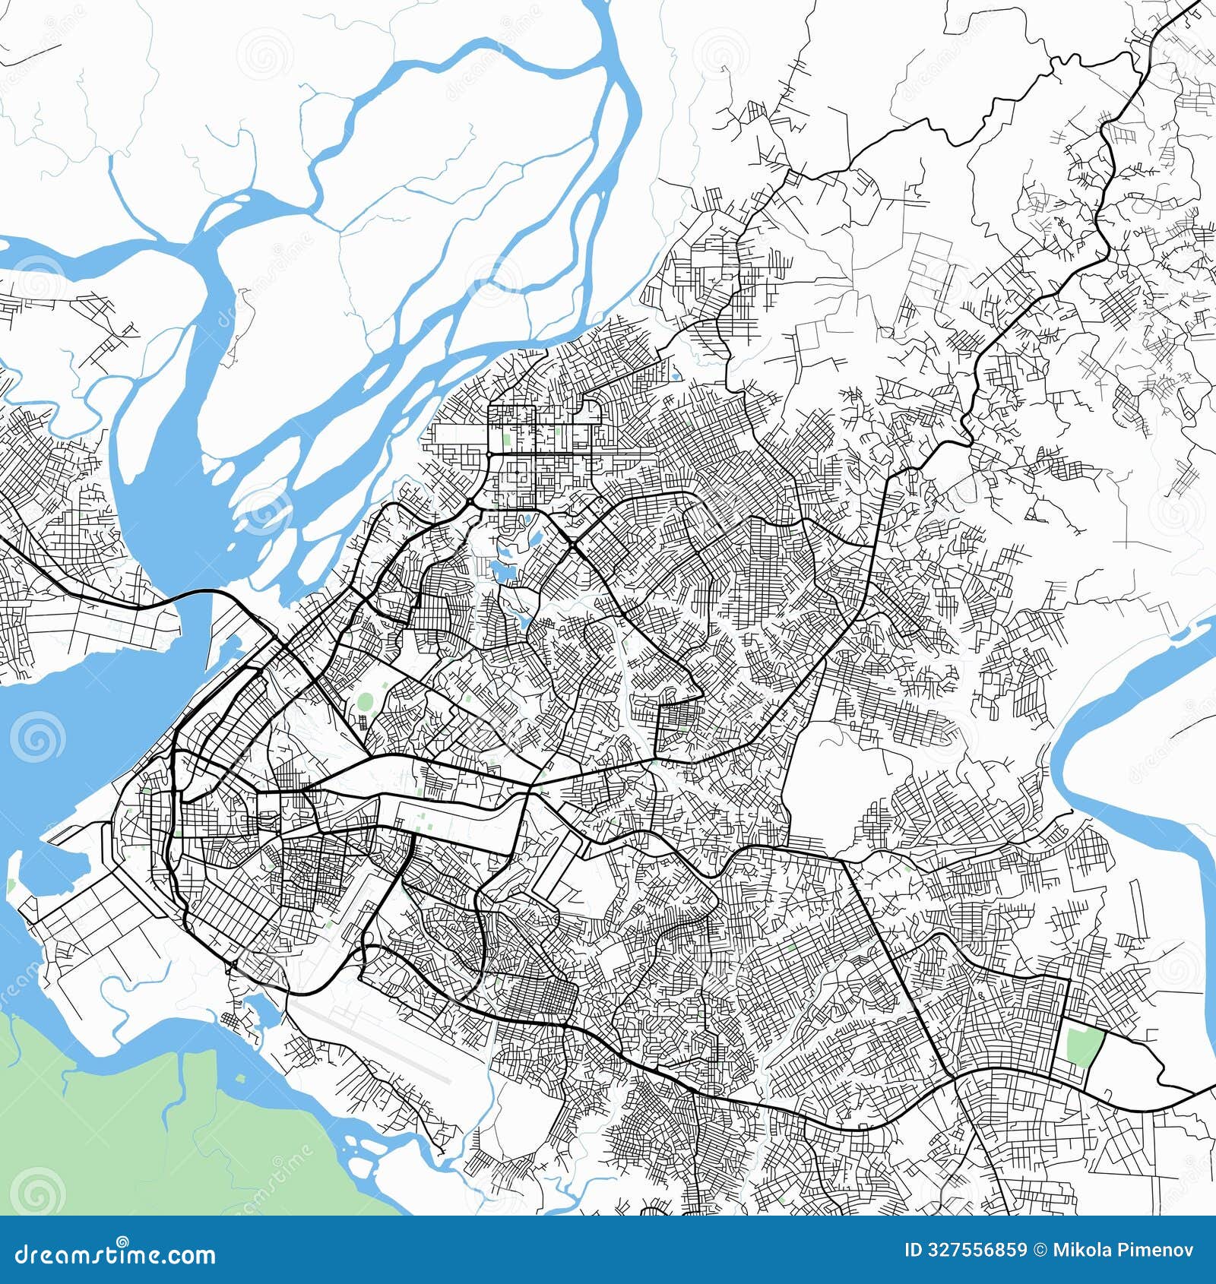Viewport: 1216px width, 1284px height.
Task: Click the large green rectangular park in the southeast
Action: tap(1083, 1045)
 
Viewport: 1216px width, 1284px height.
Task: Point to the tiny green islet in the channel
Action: tap(11, 886)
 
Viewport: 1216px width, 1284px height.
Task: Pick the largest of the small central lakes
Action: tap(501, 567)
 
